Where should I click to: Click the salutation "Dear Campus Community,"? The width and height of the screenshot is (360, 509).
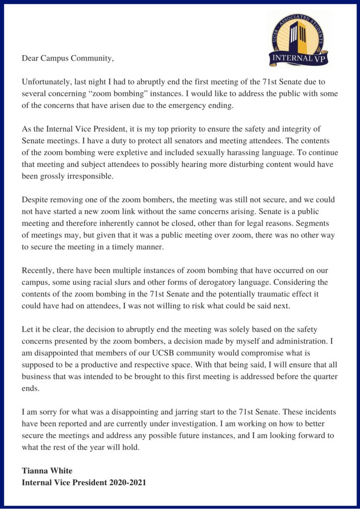[68, 59]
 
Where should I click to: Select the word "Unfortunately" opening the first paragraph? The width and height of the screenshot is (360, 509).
[45, 81]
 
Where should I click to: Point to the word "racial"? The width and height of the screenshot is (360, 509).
[128, 282]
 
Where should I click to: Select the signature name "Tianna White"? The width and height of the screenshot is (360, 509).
[48, 470]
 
